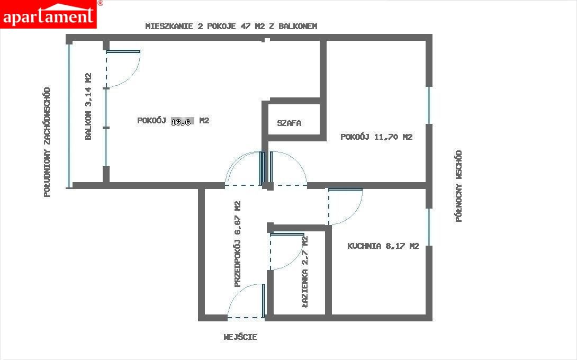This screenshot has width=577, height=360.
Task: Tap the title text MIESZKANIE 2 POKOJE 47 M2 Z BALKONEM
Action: [231, 26]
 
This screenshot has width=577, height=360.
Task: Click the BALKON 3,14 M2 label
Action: [88, 106]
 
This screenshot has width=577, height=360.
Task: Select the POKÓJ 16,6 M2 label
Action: [173, 121]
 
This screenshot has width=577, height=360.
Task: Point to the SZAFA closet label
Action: [289, 123]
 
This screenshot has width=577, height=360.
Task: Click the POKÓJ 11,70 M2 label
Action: [376, 137]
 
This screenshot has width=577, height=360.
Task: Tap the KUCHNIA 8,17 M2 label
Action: [383, 246]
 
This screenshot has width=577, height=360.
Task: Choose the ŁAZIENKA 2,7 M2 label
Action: [305, 271]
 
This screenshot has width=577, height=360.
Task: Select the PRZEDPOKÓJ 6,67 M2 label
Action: [237, 244]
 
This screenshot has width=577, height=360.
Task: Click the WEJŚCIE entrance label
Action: [240, 337]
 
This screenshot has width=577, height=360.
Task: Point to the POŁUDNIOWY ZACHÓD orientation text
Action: [47, 142]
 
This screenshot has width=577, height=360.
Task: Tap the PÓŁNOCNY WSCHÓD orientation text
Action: [458, 186]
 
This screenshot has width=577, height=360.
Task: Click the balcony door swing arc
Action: [131, 78]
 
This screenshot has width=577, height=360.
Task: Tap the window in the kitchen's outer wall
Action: [429, 227]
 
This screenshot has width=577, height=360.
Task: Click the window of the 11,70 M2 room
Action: [429, 105]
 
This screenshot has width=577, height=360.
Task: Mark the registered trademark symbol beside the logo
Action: [100, 3]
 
